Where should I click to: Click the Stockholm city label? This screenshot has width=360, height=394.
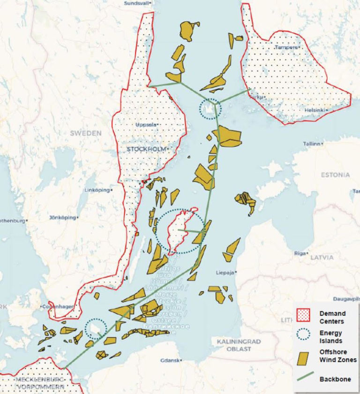click(146, 149)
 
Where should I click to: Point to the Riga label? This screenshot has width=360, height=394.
click(300, 253)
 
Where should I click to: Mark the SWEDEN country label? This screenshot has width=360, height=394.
click(86, 133)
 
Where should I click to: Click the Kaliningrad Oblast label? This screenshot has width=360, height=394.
click(234, 345)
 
